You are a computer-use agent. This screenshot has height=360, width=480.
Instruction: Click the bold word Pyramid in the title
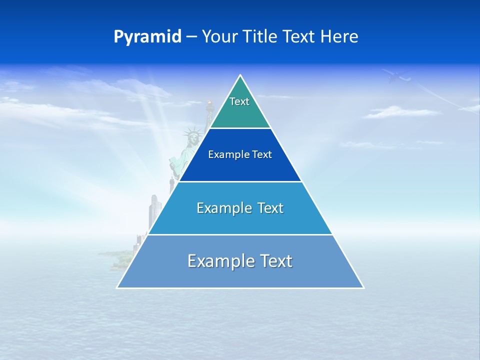point(147,37)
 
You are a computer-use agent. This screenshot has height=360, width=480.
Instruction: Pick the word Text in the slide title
point(300,37)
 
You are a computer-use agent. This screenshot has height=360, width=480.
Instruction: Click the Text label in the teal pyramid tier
point(239,101)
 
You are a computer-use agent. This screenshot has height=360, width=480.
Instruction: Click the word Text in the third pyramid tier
point(270,208)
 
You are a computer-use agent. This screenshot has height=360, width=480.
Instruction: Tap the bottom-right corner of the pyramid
point(363,287)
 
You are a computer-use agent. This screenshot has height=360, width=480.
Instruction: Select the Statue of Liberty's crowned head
point(192,136)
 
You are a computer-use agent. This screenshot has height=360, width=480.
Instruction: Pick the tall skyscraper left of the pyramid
point(154,210)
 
